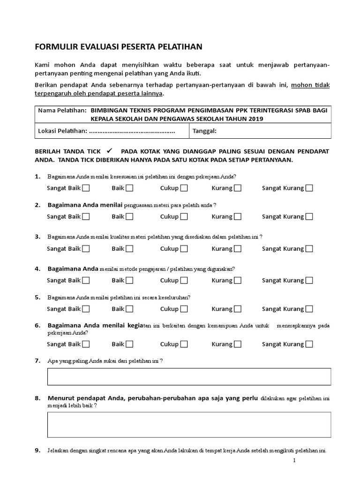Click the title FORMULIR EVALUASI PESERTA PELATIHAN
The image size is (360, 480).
click(118, 46)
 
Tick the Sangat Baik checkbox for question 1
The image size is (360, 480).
click(86, 188)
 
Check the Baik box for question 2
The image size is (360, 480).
click(129, 217)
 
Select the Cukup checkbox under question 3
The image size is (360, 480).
click(184, 248)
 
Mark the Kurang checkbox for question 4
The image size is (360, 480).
click(238, 280)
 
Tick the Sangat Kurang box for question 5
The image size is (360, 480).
click(309, 309)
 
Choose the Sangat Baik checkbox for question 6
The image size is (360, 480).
click(86, 344)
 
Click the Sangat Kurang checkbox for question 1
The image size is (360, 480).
click(309, 188)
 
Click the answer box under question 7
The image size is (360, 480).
click(189, 376)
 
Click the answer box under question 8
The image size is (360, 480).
click(189, 425)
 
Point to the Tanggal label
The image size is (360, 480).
click(204, 131)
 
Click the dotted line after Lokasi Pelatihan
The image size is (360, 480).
click(132, 132)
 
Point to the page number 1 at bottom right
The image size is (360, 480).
click(295, 461)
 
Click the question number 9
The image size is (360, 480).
click(37, 451)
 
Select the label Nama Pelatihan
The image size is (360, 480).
click(62, 110)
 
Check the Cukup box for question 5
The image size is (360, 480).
click(184, 309)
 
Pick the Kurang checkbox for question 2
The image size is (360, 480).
click(238, 217)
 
